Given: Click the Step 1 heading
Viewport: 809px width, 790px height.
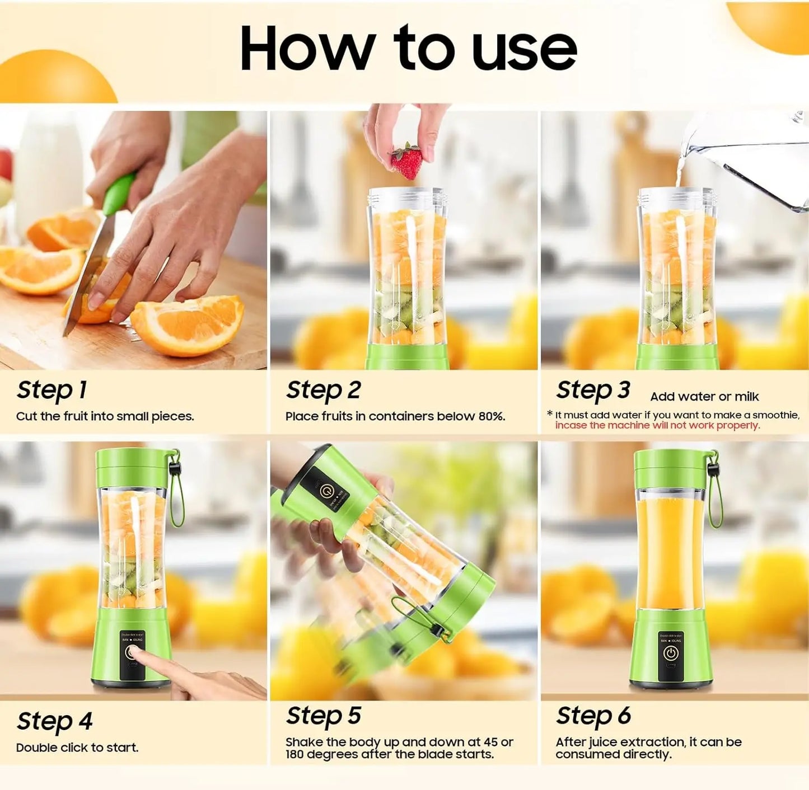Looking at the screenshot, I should [x=52, y=390].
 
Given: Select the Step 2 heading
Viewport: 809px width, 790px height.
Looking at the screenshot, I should [x=323, y=390].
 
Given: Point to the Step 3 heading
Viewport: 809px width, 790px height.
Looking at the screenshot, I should [x=593, y=390].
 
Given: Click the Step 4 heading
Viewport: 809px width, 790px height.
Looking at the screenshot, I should [x=54, y=721].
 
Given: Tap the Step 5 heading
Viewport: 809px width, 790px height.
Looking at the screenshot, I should [x=323, y=716].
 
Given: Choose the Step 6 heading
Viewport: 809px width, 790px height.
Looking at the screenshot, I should [x=593, y=716].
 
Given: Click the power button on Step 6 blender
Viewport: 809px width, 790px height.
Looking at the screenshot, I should [x=670, y=653].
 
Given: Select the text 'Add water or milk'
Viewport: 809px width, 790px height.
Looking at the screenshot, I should [x=704, y=397].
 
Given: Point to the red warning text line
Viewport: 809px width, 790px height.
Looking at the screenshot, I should [x=657, y=425].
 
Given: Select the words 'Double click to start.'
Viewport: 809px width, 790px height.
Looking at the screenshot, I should [x=77, y=747].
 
